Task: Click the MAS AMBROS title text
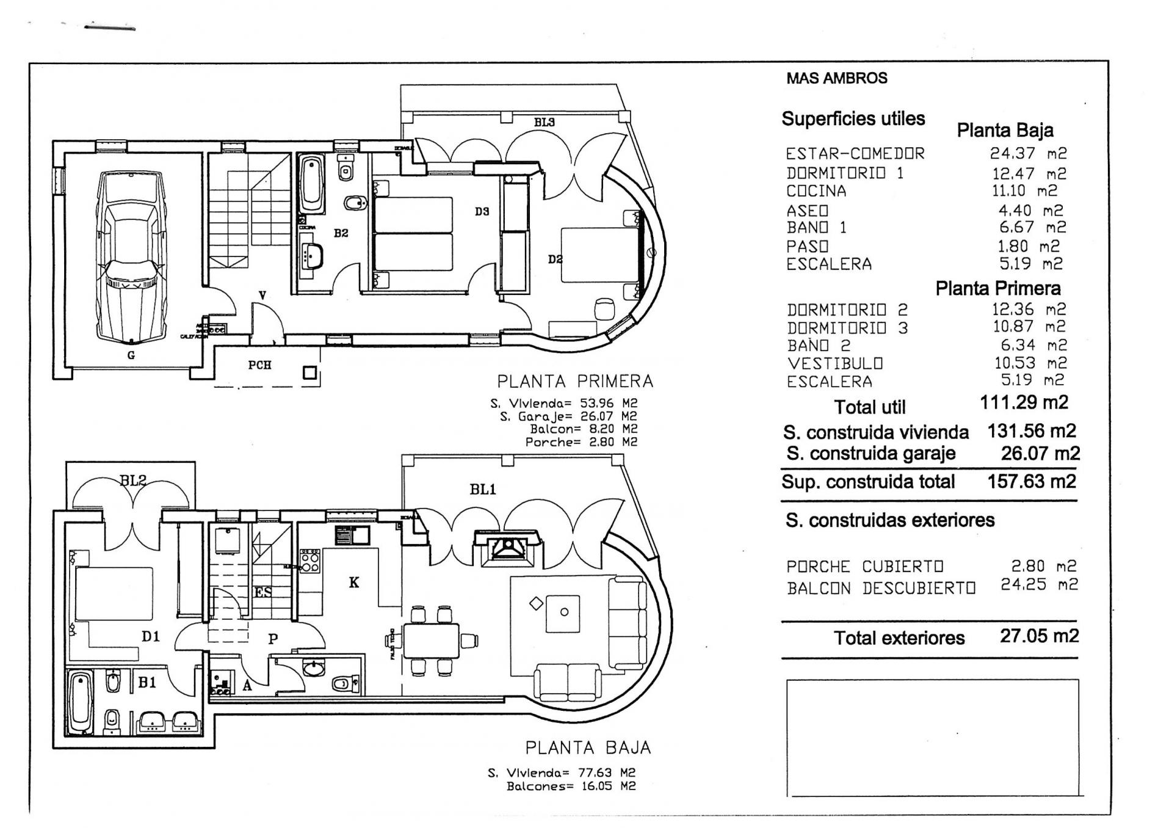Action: [836, 78]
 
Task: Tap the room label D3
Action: [482, 212]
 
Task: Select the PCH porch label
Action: [259, 365]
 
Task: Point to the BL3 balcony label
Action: [544, 122]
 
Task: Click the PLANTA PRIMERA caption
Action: [575, 382]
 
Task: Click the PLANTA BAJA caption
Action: [588, 747]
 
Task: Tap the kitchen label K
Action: [354, 583]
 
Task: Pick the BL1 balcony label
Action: [483, 489]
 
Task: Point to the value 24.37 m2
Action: [1028, 153]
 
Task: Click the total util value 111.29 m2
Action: [1024, 402]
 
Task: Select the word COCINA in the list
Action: [816, 191]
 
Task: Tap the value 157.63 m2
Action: [1032, 481]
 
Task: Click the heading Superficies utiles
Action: [853, 118]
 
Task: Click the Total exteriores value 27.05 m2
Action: [1039, 636]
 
